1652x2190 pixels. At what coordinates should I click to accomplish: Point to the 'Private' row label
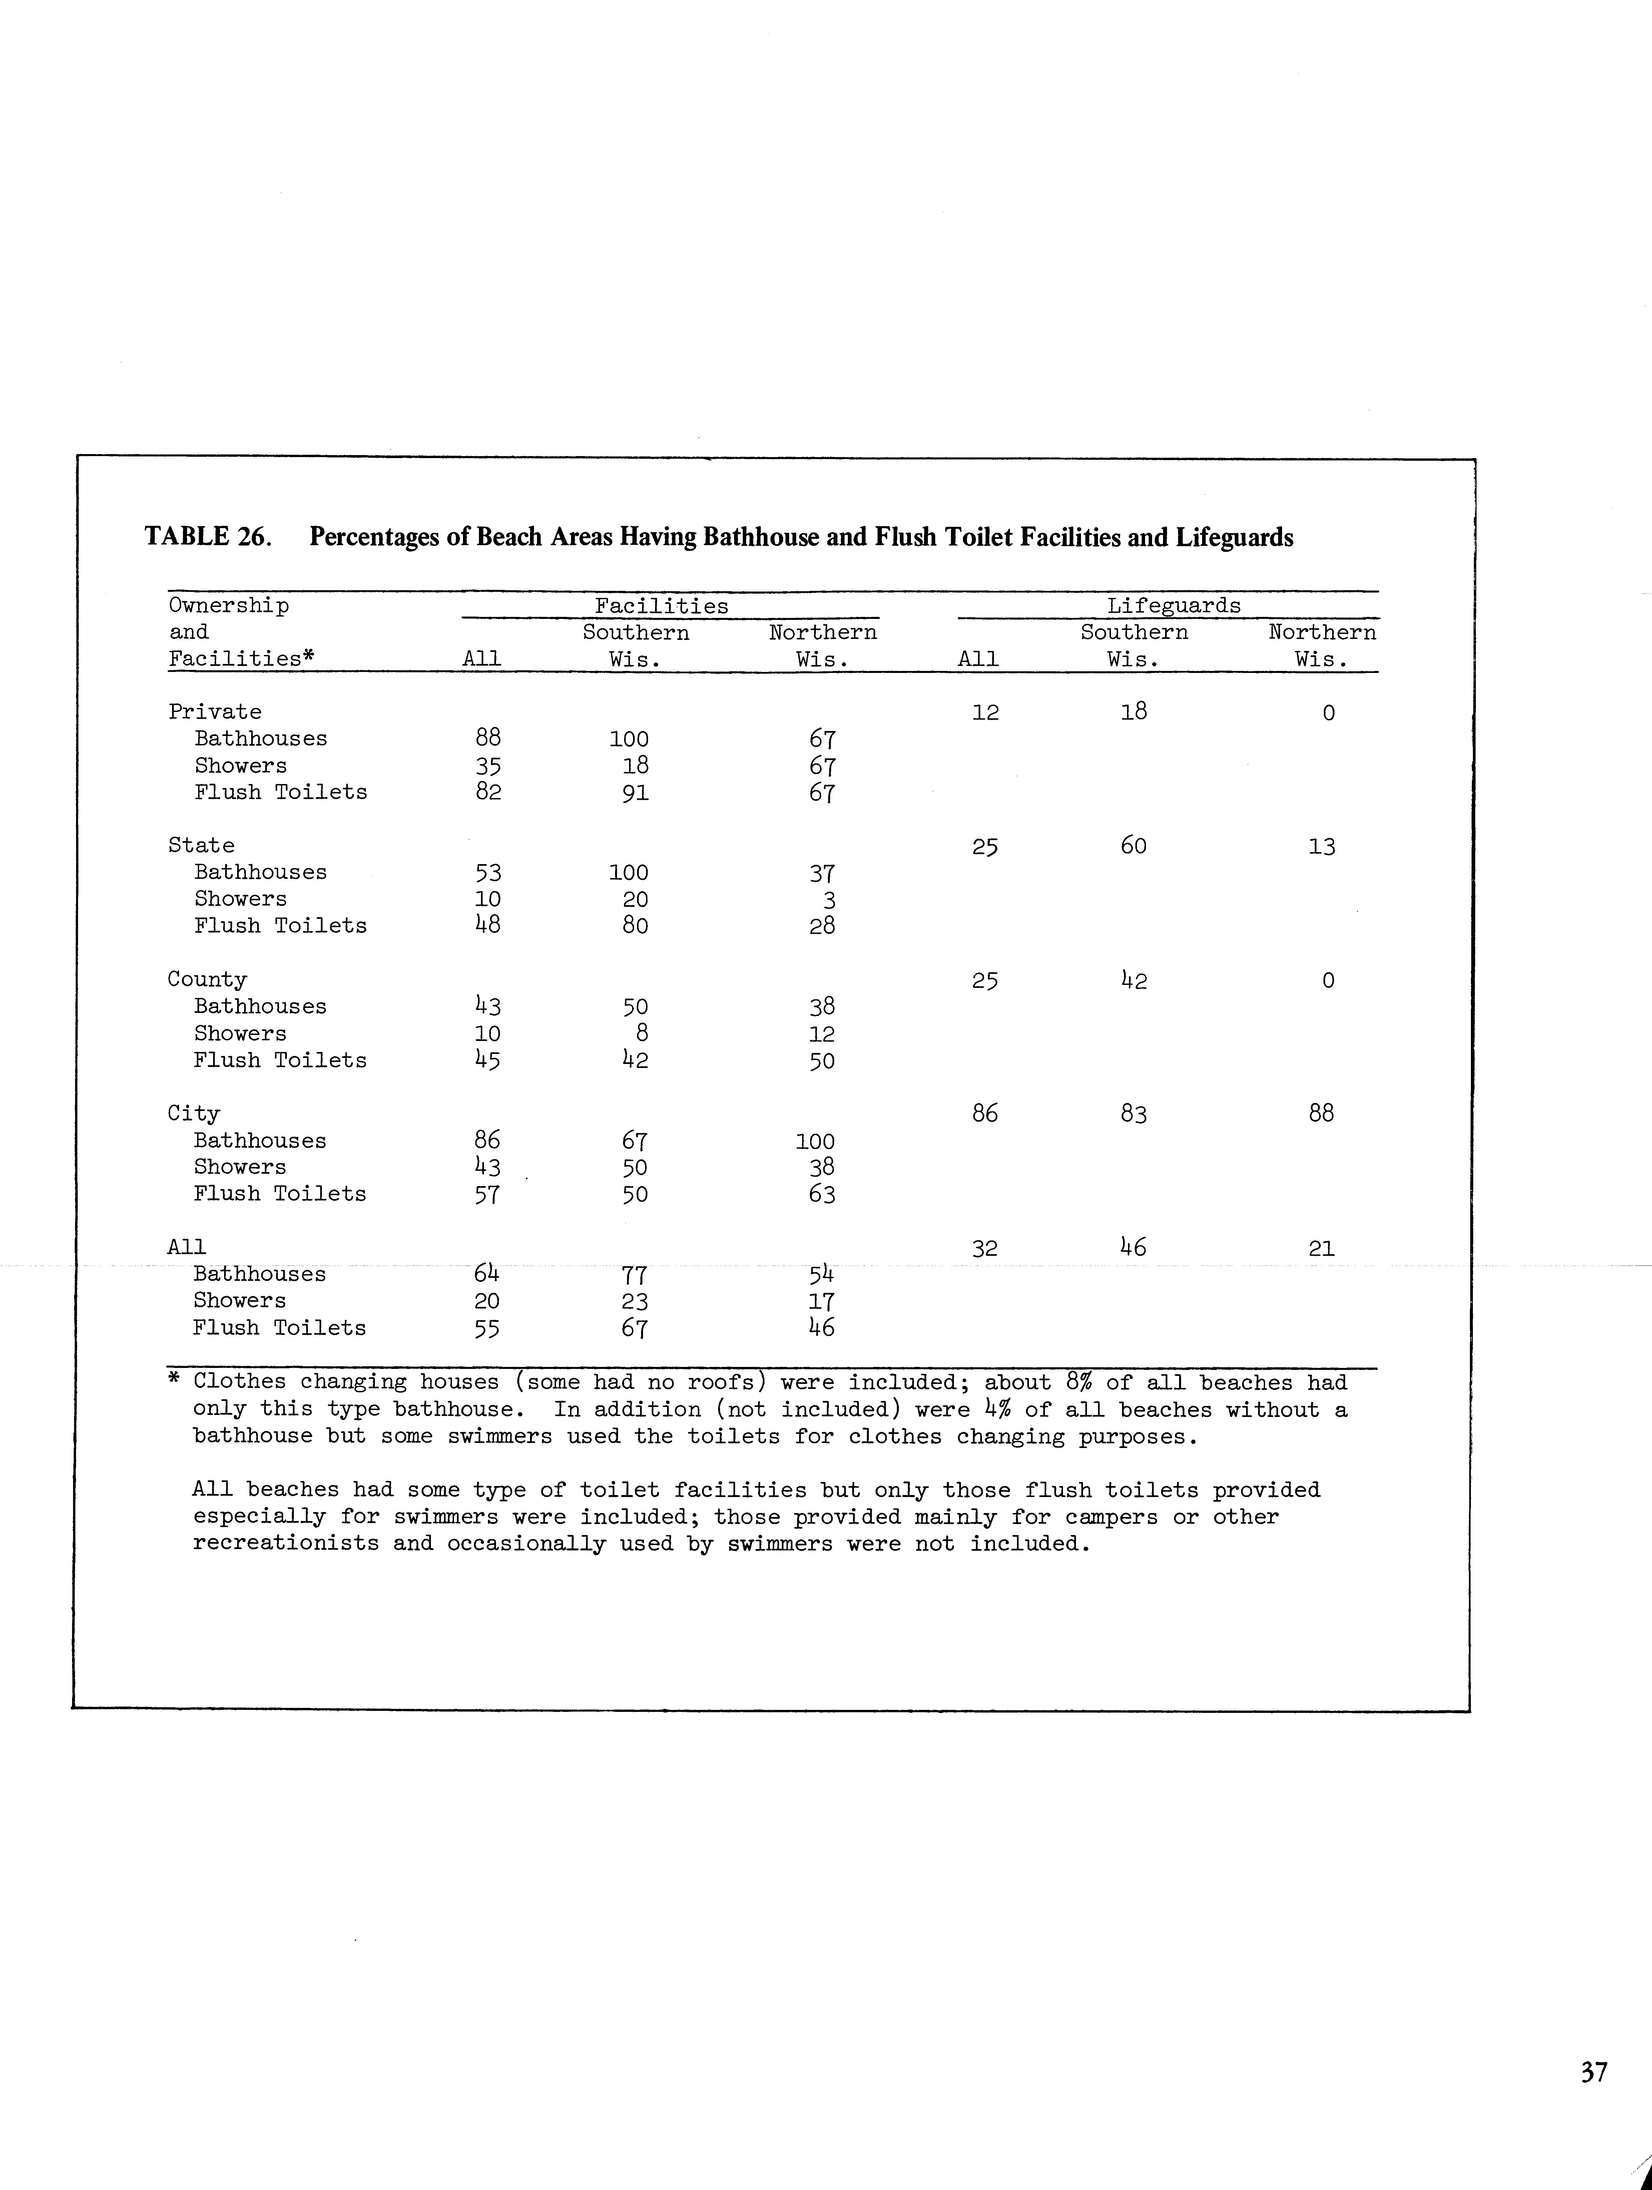[215, 712]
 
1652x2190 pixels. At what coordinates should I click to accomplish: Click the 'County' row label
[207, 979]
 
